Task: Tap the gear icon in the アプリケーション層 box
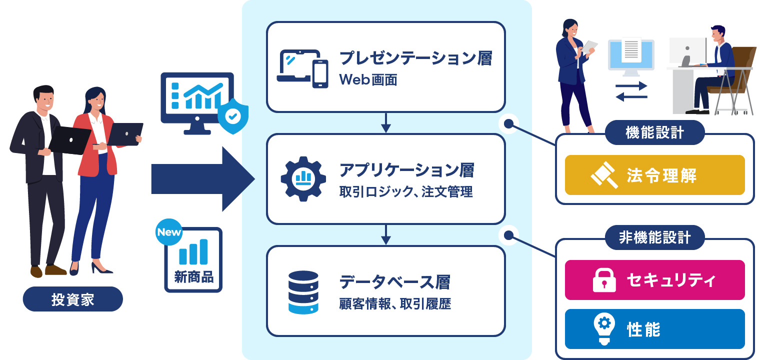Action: (x=303, y=178)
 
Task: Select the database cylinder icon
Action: (x=303, y=292)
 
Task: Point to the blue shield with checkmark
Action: (x=232, y=115)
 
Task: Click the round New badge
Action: (x=169, y=232)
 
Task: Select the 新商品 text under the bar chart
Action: (x=193, y=276)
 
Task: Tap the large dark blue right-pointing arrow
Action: (x=202, y=178)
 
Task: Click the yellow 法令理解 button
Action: (x=654, y=175)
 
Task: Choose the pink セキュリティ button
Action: (x=654, y=280)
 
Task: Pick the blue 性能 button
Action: (x=654, y=329)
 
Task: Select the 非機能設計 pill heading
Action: (x=654, y=237)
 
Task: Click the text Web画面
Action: (x=367, y=80)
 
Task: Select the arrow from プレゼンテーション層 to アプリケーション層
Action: (x=385, y=122)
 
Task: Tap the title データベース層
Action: (x=394, y=282)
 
